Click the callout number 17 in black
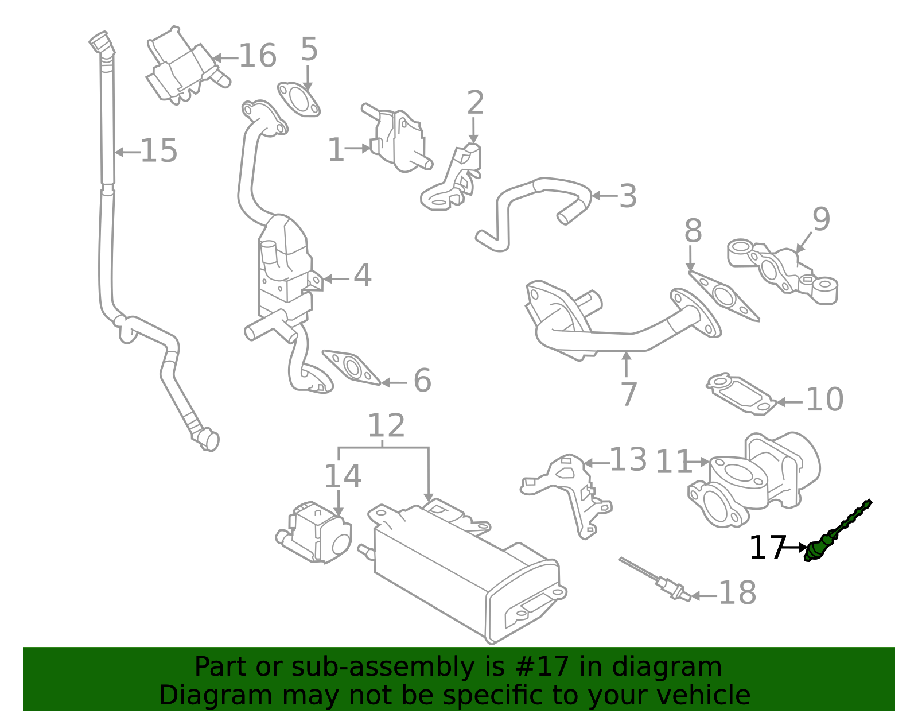coord(767,548)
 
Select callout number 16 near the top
coord(257,56)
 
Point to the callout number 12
coord(386,426)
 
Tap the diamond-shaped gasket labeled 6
coord(351,367)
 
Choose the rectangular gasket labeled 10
coord(740,394)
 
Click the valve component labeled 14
coord(316,531)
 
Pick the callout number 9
coord(821,219)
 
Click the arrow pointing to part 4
coord(336,279)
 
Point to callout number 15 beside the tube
coord(158,151)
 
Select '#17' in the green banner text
coord(542,667)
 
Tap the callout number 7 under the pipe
coord(629,394)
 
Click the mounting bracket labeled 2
coord(453,181)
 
